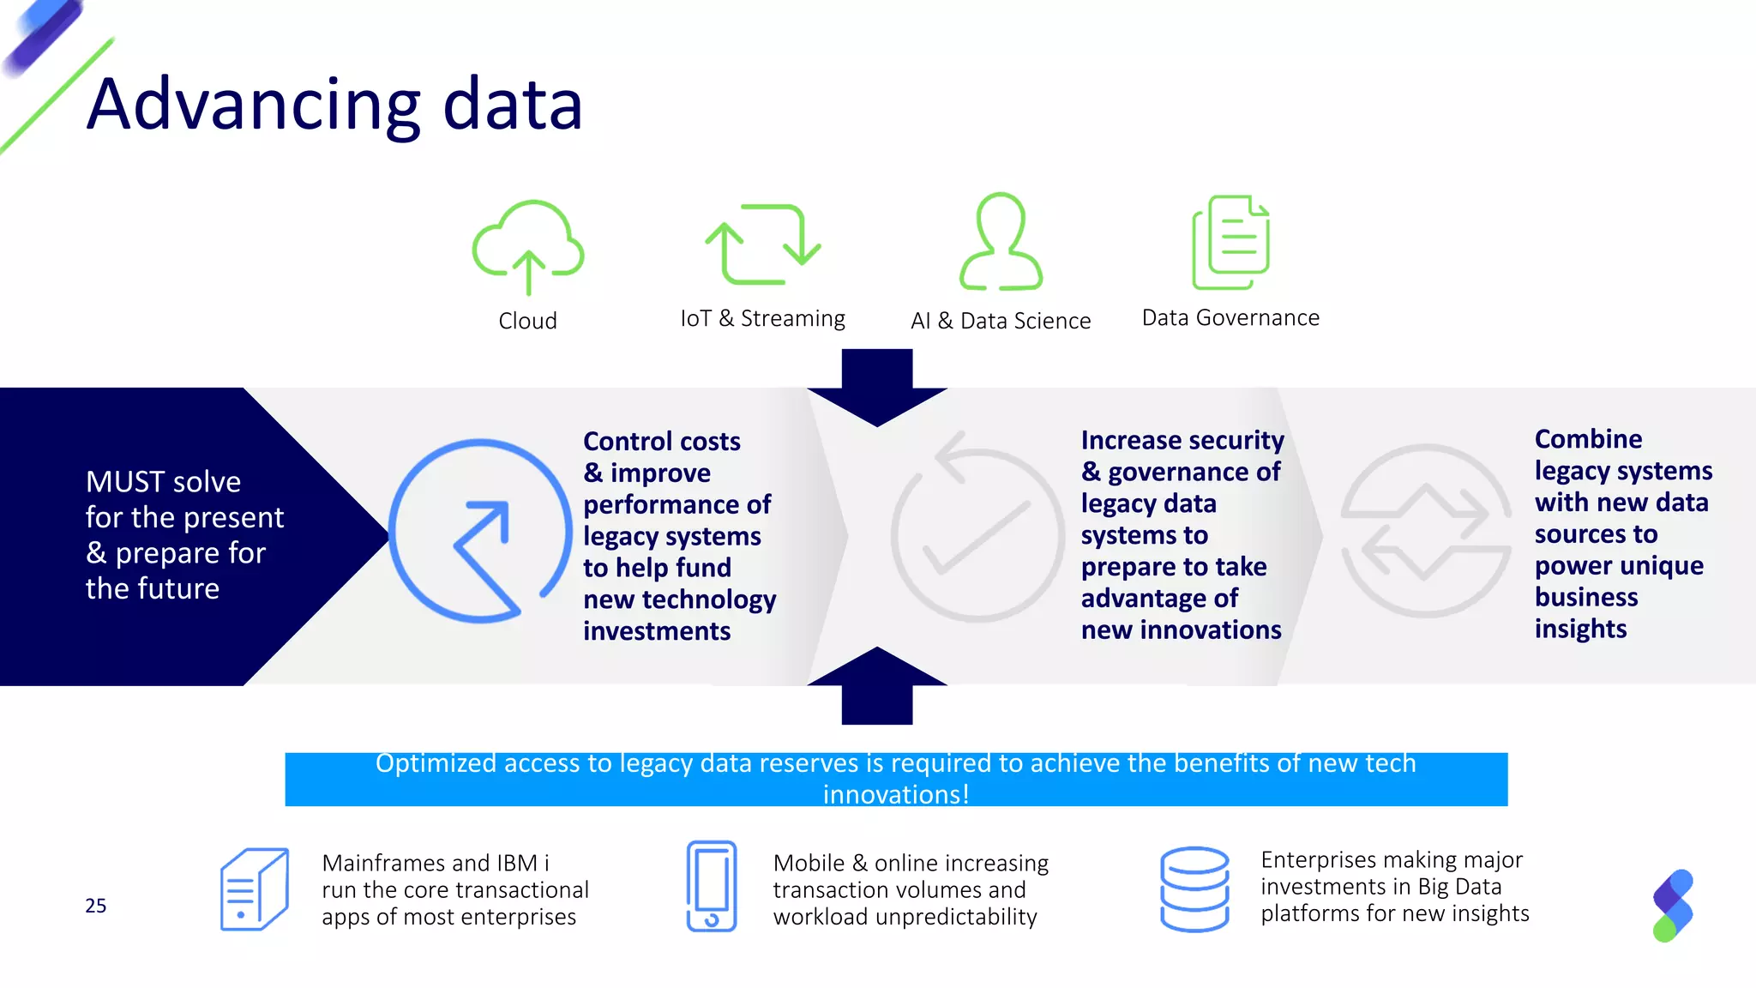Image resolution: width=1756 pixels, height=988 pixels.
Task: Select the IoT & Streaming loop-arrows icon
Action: (763, 244)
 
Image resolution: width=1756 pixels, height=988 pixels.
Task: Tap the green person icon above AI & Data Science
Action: (1001, 242)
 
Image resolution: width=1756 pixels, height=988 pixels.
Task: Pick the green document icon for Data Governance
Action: (1231, 243)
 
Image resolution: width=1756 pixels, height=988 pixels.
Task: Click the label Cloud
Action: (528, 321)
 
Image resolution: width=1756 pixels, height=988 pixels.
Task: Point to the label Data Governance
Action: (1230, 318)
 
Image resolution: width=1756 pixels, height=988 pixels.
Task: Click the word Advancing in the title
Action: (254, 105)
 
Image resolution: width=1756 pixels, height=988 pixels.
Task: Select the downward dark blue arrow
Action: (877, 387)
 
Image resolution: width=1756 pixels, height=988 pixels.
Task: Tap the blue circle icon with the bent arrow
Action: (480, 531)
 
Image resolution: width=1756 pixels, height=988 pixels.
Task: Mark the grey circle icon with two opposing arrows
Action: (1425, 531)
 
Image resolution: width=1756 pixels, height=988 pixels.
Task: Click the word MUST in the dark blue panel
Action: (125, 482)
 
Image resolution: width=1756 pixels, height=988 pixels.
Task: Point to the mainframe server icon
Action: (254, 889)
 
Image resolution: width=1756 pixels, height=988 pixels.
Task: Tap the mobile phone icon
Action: (712, 886)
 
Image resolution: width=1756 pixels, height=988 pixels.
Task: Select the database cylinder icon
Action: (1194, 889)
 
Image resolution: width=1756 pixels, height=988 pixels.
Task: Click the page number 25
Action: (96, 906)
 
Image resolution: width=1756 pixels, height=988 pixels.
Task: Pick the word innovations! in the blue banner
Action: (896, 794)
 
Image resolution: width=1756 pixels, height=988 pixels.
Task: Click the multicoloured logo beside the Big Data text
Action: (1673, 906)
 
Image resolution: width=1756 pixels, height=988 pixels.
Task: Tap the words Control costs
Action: (662, 442)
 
